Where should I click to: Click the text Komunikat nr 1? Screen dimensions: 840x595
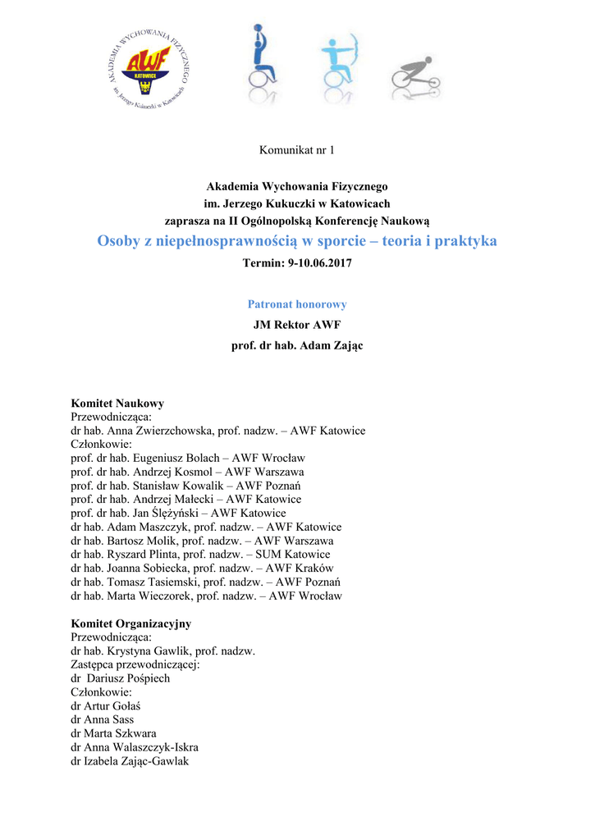click(297, 149)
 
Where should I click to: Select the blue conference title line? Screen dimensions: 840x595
click(297, 241)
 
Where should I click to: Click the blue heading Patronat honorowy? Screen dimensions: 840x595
click(297, 304)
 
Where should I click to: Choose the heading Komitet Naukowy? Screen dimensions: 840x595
click(117, 404)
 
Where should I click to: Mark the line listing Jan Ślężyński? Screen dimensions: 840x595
click(178, 513)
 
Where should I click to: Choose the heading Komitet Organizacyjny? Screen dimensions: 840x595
click(131, 623)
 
